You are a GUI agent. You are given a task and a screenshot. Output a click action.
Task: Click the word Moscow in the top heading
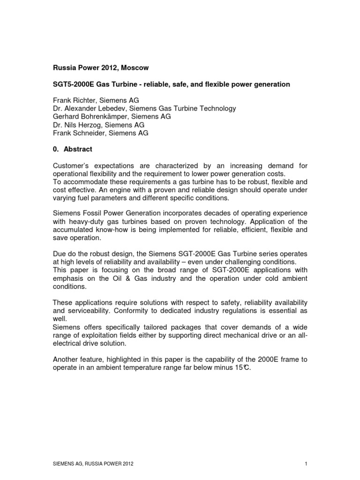[135, 68]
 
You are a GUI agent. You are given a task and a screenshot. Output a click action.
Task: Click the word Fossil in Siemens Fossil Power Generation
[92, 214]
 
